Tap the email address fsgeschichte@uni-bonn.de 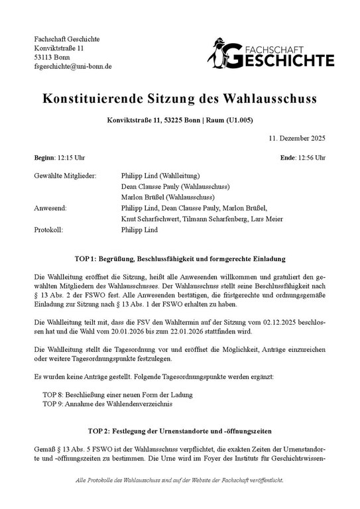pos(73,66)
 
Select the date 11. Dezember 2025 pos(297,139)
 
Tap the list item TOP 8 pos(105,393)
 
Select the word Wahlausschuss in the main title pos(265,99)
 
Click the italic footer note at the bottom pos(180,497)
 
